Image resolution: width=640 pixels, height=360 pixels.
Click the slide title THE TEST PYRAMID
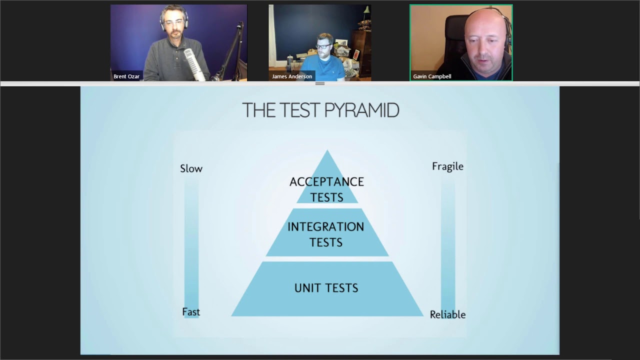point(320,110)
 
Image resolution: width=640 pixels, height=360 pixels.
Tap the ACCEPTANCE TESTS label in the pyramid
point(326,189)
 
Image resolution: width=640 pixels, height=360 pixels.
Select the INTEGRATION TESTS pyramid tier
point(326,234)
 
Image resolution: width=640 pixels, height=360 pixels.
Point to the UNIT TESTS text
point(326,288)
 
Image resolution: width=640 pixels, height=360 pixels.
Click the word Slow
point(191,168)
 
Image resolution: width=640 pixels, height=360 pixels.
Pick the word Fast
point(191,312)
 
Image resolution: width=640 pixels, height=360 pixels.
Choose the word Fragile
point(447,166)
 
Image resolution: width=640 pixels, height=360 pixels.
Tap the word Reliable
point(447,314)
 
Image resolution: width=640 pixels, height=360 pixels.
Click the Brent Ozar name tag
point(126,76)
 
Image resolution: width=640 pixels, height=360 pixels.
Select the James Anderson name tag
point(292,76)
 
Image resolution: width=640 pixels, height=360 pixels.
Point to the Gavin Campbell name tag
point(432,76)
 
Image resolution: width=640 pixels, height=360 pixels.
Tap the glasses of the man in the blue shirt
point(324,46)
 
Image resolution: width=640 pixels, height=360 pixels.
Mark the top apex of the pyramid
point(327,151)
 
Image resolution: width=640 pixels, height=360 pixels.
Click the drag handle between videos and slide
point(320,83)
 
